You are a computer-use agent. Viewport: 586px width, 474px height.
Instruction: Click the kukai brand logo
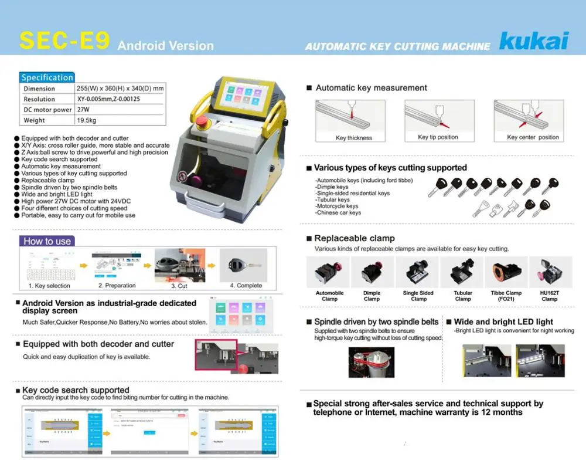[x=533, y=41]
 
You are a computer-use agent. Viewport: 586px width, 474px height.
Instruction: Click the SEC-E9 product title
[x=65, y=40]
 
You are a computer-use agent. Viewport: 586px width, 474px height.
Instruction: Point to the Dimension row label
[x=39, y=89]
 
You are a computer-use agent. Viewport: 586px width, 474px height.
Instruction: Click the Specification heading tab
[x=47, y=77]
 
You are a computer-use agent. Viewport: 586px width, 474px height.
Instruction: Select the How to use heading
[x=47, y=241]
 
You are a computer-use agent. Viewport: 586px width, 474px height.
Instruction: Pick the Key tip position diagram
[x=438, y=116]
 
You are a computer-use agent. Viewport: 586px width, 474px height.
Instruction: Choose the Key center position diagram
[x=529, y=116]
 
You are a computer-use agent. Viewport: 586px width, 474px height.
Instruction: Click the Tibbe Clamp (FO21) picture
[x=506, y=272]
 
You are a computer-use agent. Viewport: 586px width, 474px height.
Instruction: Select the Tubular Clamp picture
[x=462, y=272]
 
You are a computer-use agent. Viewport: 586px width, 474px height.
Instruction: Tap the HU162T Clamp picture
[x=550, y=272]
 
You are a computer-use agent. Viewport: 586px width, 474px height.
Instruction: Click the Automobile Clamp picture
[x=329, y=272]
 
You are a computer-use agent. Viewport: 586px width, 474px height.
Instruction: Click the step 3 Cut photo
[x=179, y=266]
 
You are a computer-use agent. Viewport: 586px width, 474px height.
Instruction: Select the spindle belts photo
[x=371, y=362]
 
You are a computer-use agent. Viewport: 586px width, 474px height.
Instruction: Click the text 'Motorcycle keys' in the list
[x=336, y=206]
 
